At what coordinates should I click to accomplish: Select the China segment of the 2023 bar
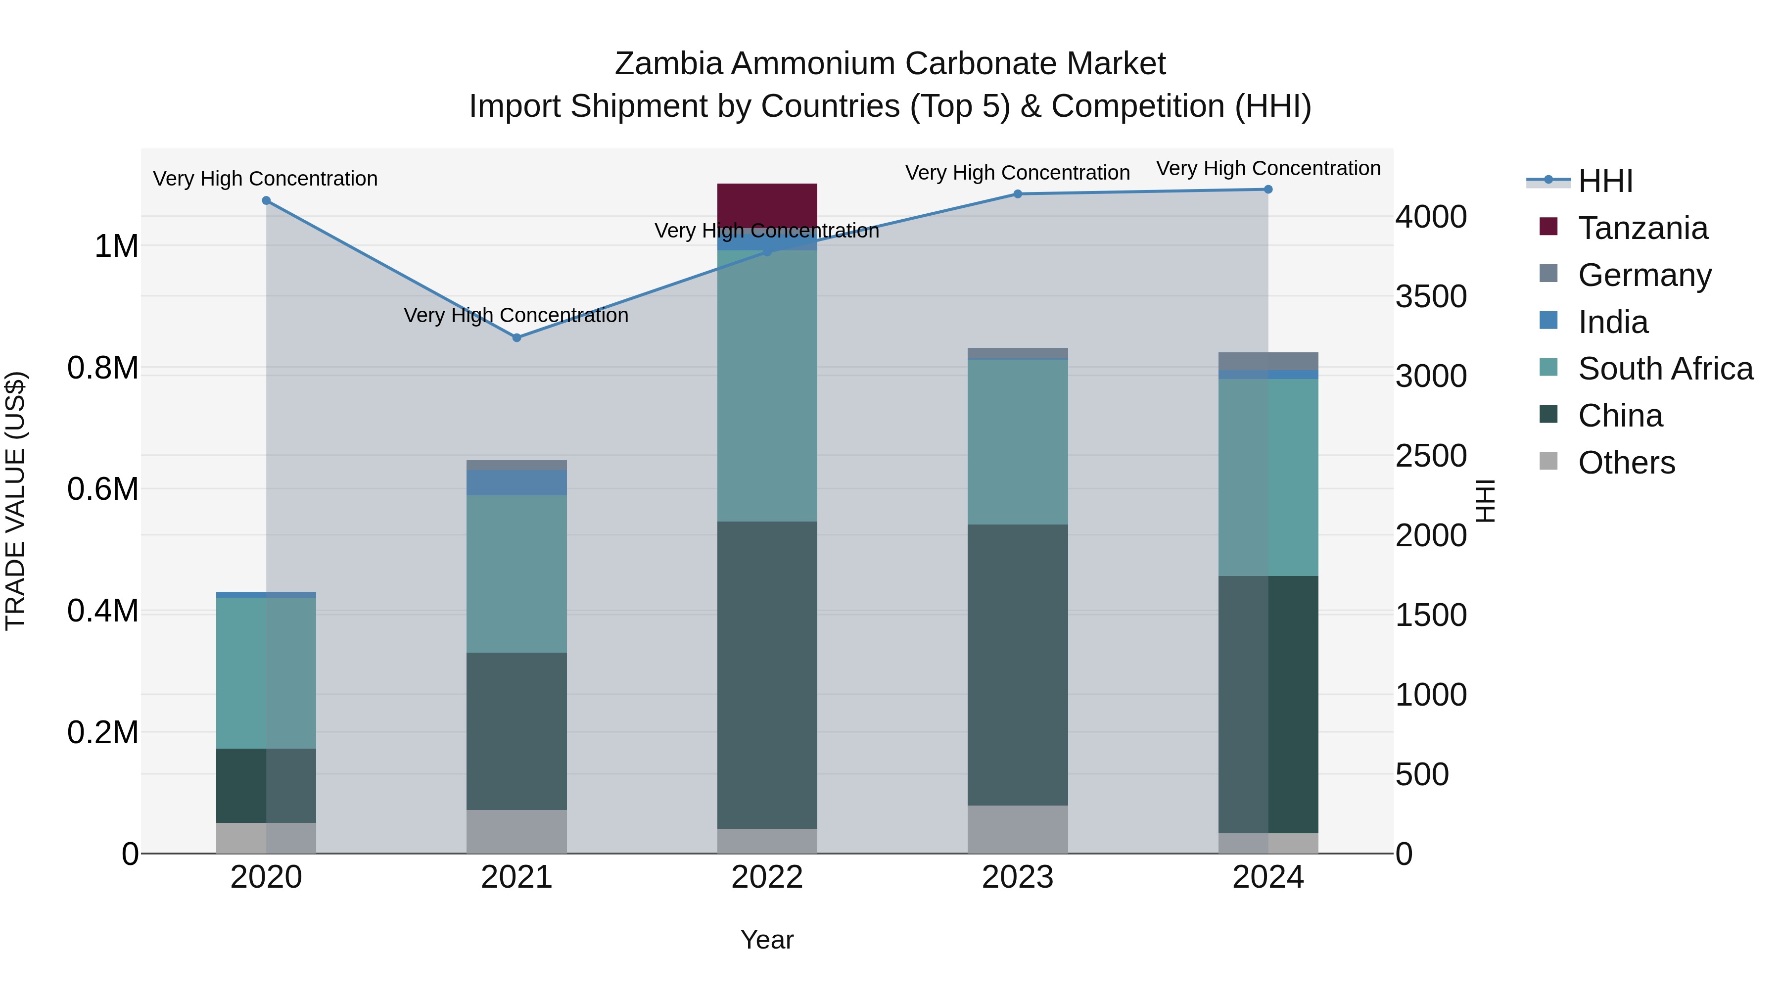pos(1017,665)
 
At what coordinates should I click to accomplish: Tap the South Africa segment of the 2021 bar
pos(516,573)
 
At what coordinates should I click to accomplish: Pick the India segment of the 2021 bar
pos(516,482)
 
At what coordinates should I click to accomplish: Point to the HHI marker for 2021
pos(516,337)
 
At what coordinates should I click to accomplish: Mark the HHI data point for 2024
pos(1268,190)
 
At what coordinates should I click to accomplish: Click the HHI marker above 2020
pos(266,200)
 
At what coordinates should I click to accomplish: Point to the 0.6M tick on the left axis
pos(103,489)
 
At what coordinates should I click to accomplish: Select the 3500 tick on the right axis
pos(1430,297)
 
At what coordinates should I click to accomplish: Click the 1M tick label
pos(116,246)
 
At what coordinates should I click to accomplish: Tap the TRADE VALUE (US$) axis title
pos(16,501)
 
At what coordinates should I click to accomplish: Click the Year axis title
pos(767,940)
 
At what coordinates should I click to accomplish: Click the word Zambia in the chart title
pos(668,64)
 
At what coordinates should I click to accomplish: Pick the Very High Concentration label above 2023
pos(1017,173)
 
